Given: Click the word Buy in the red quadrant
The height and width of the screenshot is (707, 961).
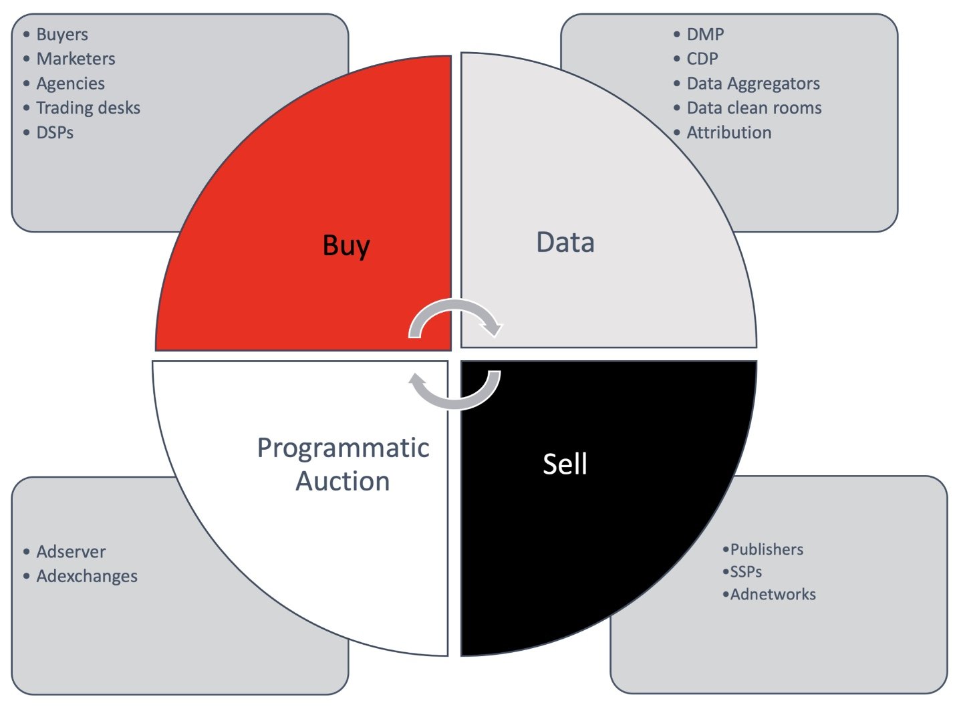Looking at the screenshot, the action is click(346, 246).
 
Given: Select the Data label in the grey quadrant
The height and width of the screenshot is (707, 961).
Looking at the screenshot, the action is click(565, 243).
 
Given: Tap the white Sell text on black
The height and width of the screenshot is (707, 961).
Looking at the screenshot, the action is click(565, 464).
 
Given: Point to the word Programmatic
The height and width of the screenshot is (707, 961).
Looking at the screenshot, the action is click(343, 449).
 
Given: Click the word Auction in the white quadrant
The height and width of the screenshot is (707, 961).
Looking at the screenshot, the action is click(342, 481).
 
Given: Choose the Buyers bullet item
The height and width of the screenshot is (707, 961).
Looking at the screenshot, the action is click(61, 35).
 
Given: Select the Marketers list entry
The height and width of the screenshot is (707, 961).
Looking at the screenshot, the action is click(76, 59).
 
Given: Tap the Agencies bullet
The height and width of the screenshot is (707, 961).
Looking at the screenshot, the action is click(70, 84).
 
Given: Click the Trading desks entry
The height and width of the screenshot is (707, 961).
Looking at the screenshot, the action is click(88, 108).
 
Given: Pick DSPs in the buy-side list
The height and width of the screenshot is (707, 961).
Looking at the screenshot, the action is click(55, 132).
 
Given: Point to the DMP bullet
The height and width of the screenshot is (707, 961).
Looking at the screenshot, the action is click(705, 34).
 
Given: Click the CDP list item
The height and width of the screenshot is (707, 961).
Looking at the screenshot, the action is click(702, 59).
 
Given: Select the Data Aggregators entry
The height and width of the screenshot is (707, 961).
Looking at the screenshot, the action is click(753, 84).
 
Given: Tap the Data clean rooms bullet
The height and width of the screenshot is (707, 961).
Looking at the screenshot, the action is click(754, 108).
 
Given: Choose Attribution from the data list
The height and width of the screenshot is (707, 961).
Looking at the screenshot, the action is click(729, 132).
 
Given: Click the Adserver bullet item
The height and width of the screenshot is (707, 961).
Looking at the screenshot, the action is click(71, 552).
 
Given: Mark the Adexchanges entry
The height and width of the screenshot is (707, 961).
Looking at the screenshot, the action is click(87, 576).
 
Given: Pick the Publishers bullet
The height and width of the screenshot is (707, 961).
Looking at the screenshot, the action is click(767, 549).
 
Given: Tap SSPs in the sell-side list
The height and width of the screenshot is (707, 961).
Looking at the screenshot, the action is click(746, 572).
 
